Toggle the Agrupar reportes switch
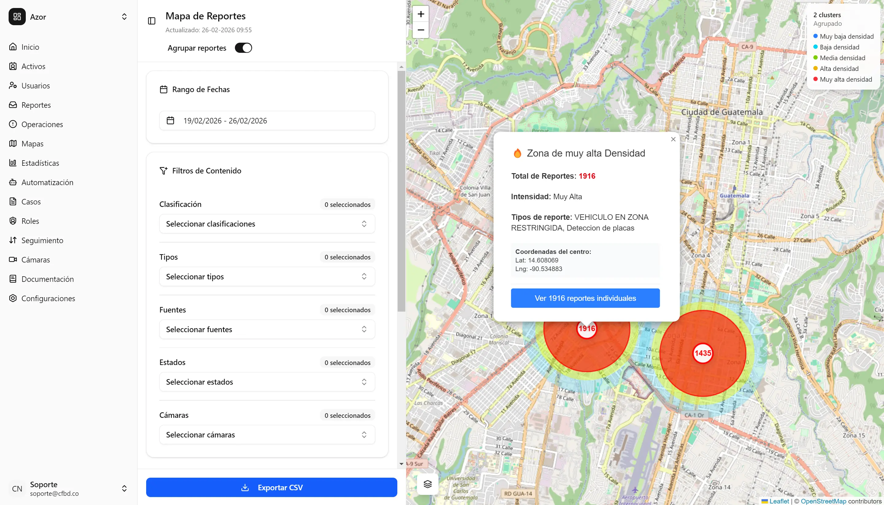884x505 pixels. click(x=243, y=48)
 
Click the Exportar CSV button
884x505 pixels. click(x=271, y=487)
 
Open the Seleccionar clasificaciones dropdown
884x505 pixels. click(x=267, y=224)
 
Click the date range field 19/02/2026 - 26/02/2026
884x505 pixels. click(x=267, y=121)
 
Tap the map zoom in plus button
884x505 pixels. click(x=421, y=14)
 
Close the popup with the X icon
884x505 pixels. click(x=673, y=139)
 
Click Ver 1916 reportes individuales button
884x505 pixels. click(x=585, y=298)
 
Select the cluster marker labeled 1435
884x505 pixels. click(x=703, y=353)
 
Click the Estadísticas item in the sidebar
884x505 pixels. click(x=40, y=163)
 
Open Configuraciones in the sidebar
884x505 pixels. click(x=48, y=298)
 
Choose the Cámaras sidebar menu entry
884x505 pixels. click(x=35, y=260)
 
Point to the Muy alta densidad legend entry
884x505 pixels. click(x=846, y=80)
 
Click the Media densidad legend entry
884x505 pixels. click(x=842, y=58)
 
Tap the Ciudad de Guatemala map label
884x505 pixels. click(x=722, y=112)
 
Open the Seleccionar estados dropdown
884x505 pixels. click(x=267, y=382)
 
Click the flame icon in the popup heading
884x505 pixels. click(x=517, y=153)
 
